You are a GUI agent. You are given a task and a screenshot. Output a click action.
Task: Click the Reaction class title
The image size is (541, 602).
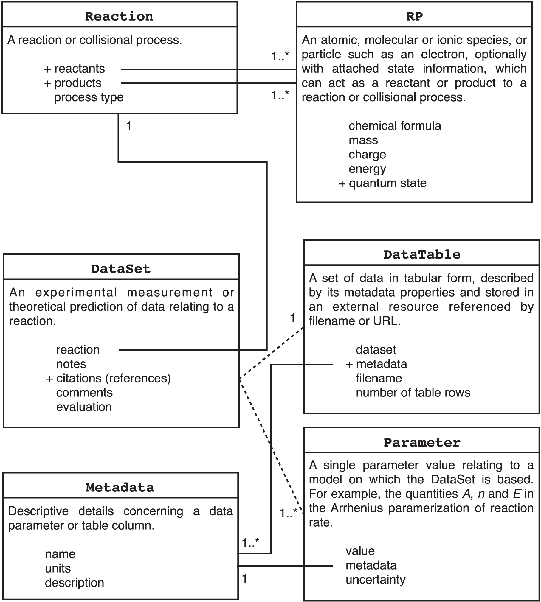tap(119, 16)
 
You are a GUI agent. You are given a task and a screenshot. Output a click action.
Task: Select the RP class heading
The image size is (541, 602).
tap(414, 16)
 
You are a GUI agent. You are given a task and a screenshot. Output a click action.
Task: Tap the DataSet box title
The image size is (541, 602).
tap(121, 269)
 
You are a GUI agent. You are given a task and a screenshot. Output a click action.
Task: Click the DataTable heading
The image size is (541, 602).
tap(422, 254)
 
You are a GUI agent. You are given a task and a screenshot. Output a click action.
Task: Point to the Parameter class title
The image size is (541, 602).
tap(422, 443)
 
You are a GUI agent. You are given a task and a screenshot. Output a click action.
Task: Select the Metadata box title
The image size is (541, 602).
tap(120, 488)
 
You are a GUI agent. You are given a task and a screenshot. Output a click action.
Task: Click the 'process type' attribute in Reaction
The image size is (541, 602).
tap(89, 97)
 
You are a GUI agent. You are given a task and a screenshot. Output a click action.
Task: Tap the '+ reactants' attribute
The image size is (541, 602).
tap(75, 69)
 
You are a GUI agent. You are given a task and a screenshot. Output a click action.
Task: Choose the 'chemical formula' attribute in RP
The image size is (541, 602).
tap(395, 126)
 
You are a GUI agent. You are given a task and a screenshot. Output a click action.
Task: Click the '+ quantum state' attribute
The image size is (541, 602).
tap(383, 183)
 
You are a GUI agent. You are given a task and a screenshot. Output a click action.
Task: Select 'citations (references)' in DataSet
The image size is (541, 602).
tap(113, 378)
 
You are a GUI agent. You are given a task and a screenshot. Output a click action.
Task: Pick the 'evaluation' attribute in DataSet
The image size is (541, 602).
tap(84, 407)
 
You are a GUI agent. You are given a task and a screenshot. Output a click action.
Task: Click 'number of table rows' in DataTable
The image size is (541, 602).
tap(413, 393)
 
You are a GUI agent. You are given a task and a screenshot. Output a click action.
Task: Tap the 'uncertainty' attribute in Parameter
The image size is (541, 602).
tap(376, 580)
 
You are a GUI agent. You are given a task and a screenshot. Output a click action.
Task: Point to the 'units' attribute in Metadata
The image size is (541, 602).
tap(58, 568)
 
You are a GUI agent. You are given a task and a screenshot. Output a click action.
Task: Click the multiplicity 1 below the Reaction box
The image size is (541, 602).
tap(129, 126)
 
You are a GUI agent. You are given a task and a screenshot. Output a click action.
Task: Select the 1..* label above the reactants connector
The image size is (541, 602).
tap(280, 56)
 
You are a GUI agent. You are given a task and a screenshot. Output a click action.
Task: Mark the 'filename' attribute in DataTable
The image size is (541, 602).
tap(379, 378)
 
